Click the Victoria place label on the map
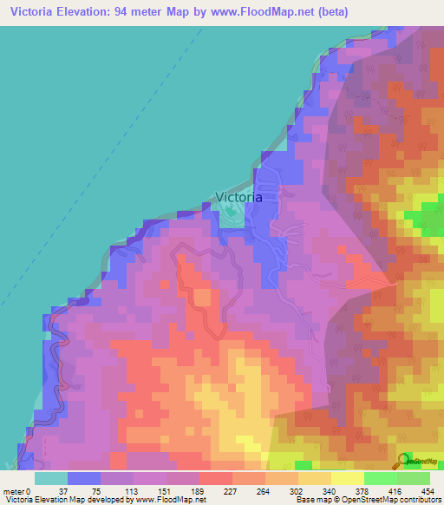(x=237, y=197)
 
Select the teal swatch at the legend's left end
(x=50, y=478)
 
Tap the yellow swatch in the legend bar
(x=348, y=478)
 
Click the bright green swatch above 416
(x=381, y=478)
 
